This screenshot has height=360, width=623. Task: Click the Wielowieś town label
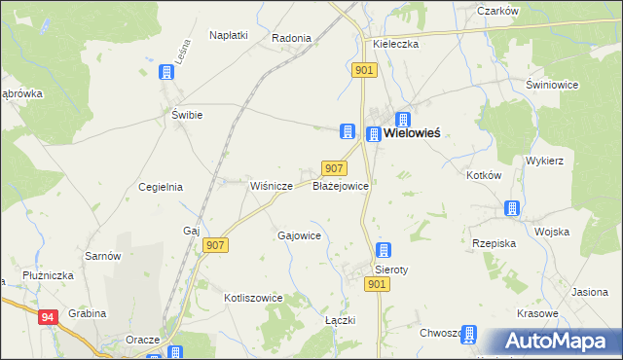tap(412, 132)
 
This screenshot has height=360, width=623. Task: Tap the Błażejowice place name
tap(339, 185)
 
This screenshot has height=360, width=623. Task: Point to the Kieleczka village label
tap(396, 45)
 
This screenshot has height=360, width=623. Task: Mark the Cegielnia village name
tap(161, 187)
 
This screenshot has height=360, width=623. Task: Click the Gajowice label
tap(300, 235)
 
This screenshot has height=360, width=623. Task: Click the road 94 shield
tap(48, 316)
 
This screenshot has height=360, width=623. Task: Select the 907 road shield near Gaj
tap(215, 245)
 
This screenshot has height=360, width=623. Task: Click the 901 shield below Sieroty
tap(378, 283)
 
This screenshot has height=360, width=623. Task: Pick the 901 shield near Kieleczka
tap(364, 70)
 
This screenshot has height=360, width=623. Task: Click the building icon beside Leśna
tap(167, 72)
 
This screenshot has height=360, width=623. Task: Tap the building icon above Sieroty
tap(384, 250)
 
